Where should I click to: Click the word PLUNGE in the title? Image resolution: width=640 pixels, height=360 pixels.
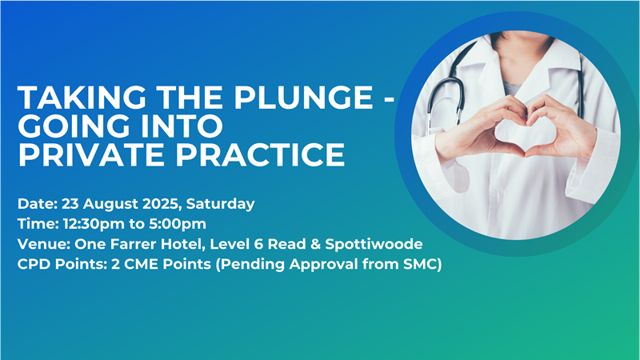click(303, 98)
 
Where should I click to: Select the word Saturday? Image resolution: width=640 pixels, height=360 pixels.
click(221, 204)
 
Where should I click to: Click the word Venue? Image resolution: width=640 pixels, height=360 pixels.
click(44, 244)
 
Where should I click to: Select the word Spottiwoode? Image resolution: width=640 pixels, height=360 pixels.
click(374, 244)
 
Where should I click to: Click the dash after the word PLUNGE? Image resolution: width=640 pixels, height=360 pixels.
click(390, 98)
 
